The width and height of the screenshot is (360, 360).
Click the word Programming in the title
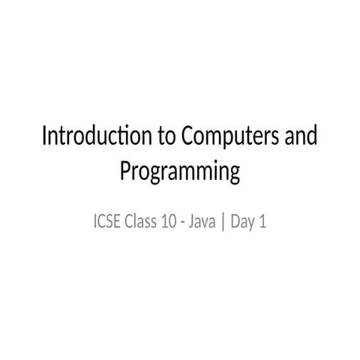[x=179, y=172]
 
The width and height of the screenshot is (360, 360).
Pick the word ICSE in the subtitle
[x=106, y=223]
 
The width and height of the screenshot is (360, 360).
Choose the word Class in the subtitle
[x=140, y=223]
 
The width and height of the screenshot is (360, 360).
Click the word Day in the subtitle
[x=241, y=223]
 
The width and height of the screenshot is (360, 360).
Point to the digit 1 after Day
[x=262, y=223]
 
